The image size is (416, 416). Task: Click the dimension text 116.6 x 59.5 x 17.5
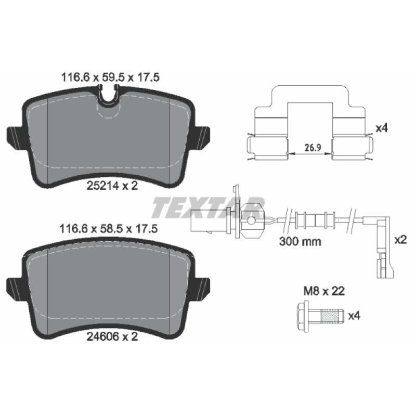point(110,77)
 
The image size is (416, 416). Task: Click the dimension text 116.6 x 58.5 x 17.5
point(109,228)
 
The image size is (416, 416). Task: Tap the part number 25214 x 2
point(112,186)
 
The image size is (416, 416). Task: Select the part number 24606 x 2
point(112,336)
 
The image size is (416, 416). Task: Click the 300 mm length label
point(300,241)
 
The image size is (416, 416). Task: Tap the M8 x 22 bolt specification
point(324,291)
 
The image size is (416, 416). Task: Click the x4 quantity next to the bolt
point(354,316)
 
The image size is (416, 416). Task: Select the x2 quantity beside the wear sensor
point(400,240)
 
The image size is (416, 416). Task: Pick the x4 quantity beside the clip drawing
point(382,128)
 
